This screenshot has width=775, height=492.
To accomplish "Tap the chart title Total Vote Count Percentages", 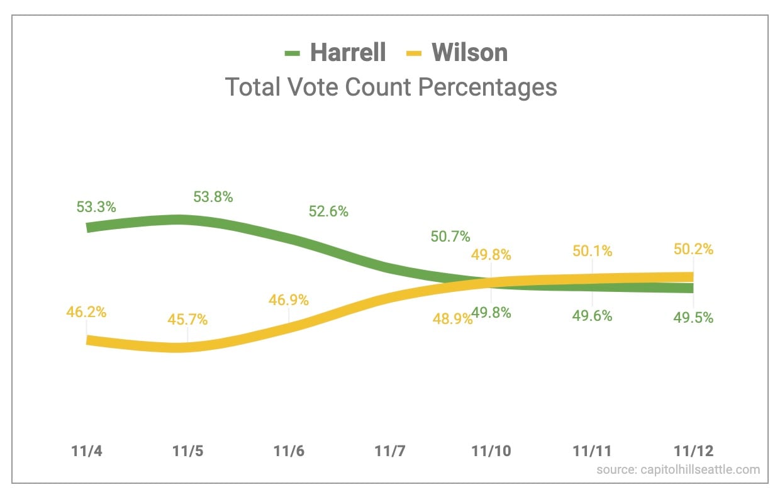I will [x=391, y=87].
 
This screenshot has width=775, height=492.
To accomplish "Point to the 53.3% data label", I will [x=96, y=207].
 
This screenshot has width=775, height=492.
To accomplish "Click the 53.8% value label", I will [x=213, y=197].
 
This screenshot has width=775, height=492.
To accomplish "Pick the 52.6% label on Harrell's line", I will [x=328, y=211].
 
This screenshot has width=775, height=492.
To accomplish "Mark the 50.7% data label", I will [x=450, y=237].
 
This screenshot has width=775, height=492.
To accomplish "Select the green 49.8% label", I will [x=491, y=313].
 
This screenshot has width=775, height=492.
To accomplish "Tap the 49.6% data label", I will [x=592, y=316].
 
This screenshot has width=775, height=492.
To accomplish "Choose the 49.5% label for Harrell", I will [x=693, y=318].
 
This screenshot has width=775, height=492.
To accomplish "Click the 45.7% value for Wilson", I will [x=187, y=319].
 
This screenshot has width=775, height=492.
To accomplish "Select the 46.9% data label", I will [x=289, y=300].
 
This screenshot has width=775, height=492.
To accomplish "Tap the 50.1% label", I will [x=592, y=250].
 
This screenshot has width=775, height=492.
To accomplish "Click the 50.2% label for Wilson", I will [x=693, y=249].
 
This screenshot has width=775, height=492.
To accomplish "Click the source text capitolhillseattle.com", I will [x=677, y=469].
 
